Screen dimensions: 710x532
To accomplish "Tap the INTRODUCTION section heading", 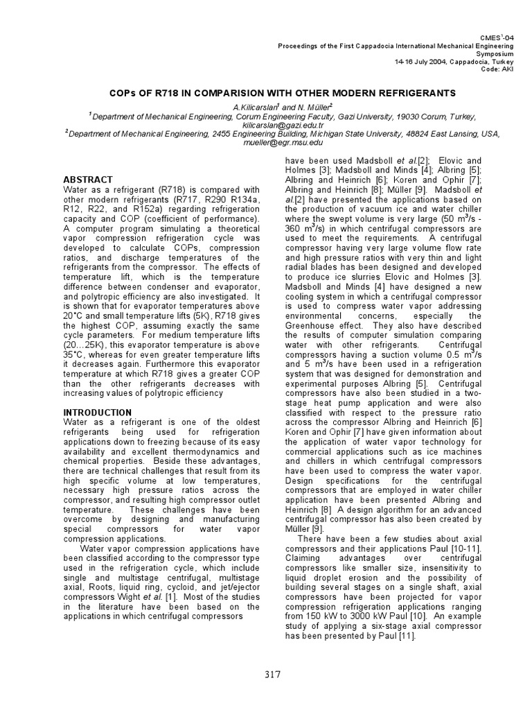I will click(x=97, y=412).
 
